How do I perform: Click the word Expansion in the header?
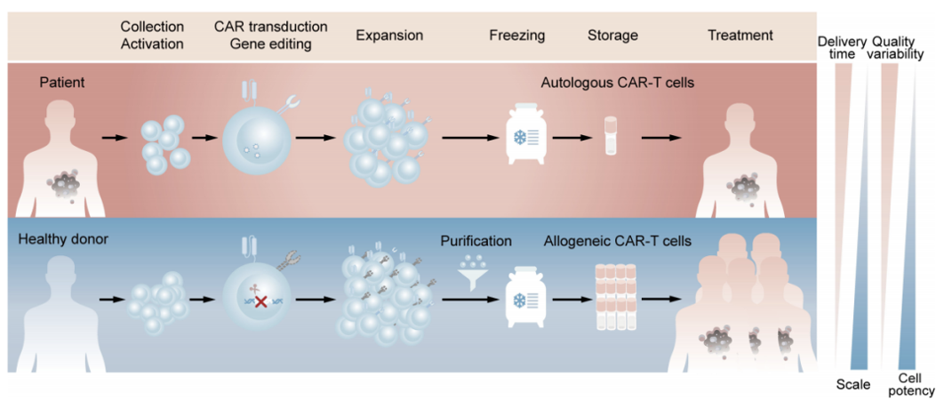pyautogui.click(x=388, y=36)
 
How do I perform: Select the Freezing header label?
pyautogui.click(x=516, y=36)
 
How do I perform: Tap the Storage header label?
pyautogui.click(x=612, y=36)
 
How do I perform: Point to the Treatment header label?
pyautogui.click(x=740, y=36)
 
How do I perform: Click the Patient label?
pyautogui.click(x=61, y=83)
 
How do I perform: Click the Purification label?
pyautogui.click(x=476, y=241)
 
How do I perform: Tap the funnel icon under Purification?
pyautogui.click(x=476, y=271)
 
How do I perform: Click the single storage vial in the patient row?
pyautogui.click(x=611, y=136)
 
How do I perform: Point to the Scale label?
pyautogui.click(x=853, y=385)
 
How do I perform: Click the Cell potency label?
pyautogui.click(x=911, y=384)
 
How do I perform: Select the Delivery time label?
pyautogui.click(x=842, y=48)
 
